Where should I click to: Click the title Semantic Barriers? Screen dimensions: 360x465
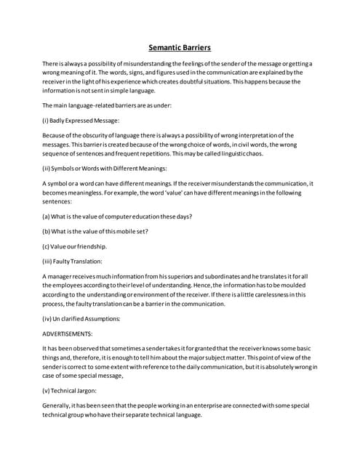coord(180,48)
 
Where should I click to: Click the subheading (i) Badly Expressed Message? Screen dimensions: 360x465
coord(81,120)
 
